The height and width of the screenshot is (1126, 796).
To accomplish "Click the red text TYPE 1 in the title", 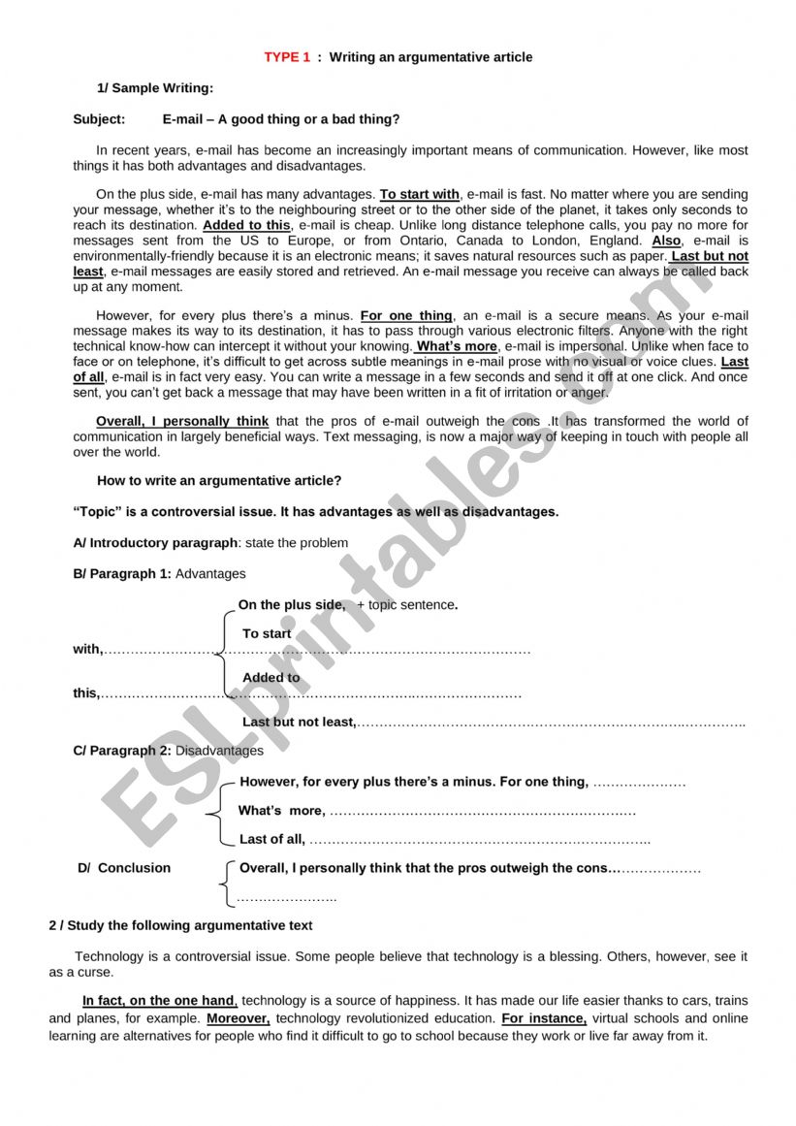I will tap(287, 57).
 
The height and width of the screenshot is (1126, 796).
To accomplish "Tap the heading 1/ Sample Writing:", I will tap(154, 88).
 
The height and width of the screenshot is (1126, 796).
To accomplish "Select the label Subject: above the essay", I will tap(99, 119).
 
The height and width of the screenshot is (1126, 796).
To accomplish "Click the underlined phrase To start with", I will tap(419, 194).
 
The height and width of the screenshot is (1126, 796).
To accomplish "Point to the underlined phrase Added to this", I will tap(246, 225).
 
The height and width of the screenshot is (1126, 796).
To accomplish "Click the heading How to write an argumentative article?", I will tap(219, 480).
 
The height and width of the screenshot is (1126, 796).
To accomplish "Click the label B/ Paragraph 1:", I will tap(122, 573).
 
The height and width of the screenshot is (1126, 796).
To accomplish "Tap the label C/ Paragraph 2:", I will tap(122, 750).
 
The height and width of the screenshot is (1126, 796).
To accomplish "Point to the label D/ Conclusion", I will tap(124, 868).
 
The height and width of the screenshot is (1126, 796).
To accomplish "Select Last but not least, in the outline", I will tap(300, 722).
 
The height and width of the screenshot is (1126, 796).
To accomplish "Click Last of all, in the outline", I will tap(272, 839).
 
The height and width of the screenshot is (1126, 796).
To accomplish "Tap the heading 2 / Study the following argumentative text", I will tap(181, 925).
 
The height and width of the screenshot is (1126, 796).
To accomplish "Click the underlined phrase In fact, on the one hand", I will tap(160, 1000).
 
